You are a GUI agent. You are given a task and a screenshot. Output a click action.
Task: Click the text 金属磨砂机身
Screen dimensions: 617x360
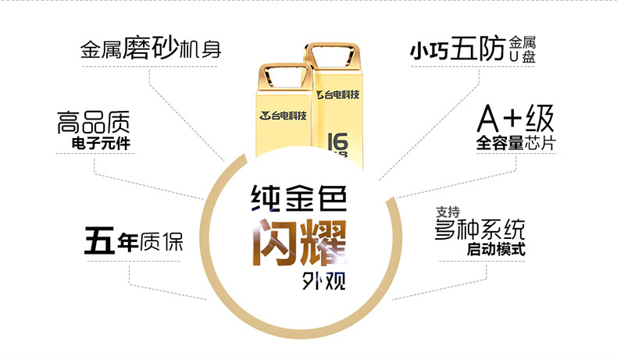pos(151,48)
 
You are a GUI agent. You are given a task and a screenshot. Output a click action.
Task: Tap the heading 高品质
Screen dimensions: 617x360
pos(93,123)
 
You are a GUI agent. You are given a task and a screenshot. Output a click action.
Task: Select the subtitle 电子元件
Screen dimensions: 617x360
pos(101,143)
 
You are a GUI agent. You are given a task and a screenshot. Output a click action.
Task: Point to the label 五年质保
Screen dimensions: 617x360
pos(134,240)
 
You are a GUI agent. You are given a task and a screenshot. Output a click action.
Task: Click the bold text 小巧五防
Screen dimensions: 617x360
pos(457,49)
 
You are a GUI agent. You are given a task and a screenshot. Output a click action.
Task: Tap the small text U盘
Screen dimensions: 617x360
pos(522,57)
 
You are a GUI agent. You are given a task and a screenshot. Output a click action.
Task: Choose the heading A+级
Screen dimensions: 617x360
pos(515,119)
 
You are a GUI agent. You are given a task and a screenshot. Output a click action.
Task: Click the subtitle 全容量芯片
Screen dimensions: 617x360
pos(516,143)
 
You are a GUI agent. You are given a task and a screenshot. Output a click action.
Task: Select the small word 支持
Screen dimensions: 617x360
pos(448,212)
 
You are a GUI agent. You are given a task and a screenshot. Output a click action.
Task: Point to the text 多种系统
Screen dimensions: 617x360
pos(480,230)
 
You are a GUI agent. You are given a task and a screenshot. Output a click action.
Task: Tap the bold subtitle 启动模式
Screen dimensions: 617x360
pos(496,249)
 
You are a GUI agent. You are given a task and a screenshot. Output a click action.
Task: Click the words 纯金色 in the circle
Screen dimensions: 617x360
pos(299,198)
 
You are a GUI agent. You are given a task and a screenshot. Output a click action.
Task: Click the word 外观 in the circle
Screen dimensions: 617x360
pos(324,280)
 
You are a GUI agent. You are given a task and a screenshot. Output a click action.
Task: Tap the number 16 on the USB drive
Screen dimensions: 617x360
pos(337,141)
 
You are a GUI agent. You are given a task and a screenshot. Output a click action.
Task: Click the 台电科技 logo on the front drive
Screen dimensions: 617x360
pos(283,116)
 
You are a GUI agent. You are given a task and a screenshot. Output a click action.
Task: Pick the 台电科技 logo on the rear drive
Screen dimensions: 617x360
pos(338,94)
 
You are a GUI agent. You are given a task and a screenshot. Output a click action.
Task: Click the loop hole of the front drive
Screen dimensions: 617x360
pos(283,76)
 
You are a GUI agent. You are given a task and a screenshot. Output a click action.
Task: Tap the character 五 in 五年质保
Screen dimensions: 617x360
pos(99,240)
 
